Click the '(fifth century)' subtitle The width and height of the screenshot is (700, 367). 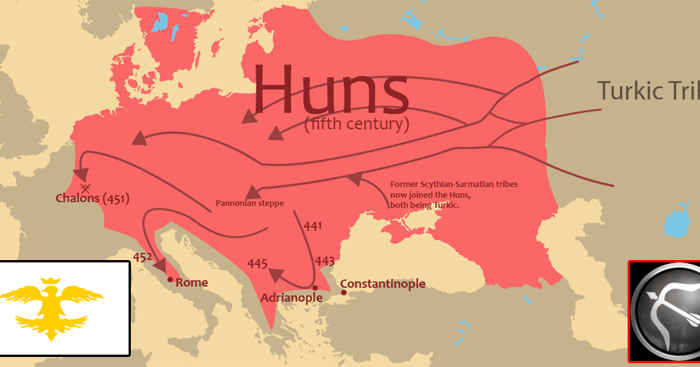[x=357, y=123]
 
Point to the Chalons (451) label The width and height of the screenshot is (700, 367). [x=92, y=199]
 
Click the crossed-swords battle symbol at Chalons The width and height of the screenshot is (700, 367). [x=85, y=187]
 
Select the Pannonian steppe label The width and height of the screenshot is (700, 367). [x=250, y=204]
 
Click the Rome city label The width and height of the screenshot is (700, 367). [x=192, y=282]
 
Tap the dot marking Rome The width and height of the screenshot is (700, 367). [x=170, y=279]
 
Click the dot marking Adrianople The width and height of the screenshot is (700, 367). [x=315, y=287]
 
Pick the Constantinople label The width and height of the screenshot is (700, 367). [x=383, y=284]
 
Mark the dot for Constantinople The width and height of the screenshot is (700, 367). [x=343, y=292]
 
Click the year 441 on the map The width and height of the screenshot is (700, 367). [x=313, y=225]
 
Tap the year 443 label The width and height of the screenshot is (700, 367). [x=324, y=260]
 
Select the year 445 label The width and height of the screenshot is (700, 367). [x=257, y=264]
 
